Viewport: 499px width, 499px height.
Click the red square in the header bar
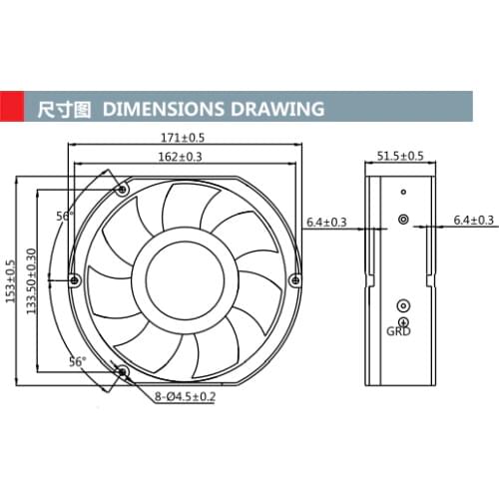[x=12, y=106]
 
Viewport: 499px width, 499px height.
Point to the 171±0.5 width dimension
[x=184, y=137]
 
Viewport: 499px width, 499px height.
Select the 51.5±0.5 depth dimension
[x=400, y=156]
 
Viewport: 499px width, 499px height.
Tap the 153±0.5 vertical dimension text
[x=12, y=278]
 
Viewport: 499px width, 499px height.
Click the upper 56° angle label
[x=64, y=216]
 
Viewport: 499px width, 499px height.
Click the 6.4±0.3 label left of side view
[x=326, y=221]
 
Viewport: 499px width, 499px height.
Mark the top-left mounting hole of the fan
[x=123, y=189]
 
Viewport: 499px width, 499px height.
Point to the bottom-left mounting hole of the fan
[x=123, y=372]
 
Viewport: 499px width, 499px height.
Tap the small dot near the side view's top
[x=403, y=192]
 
